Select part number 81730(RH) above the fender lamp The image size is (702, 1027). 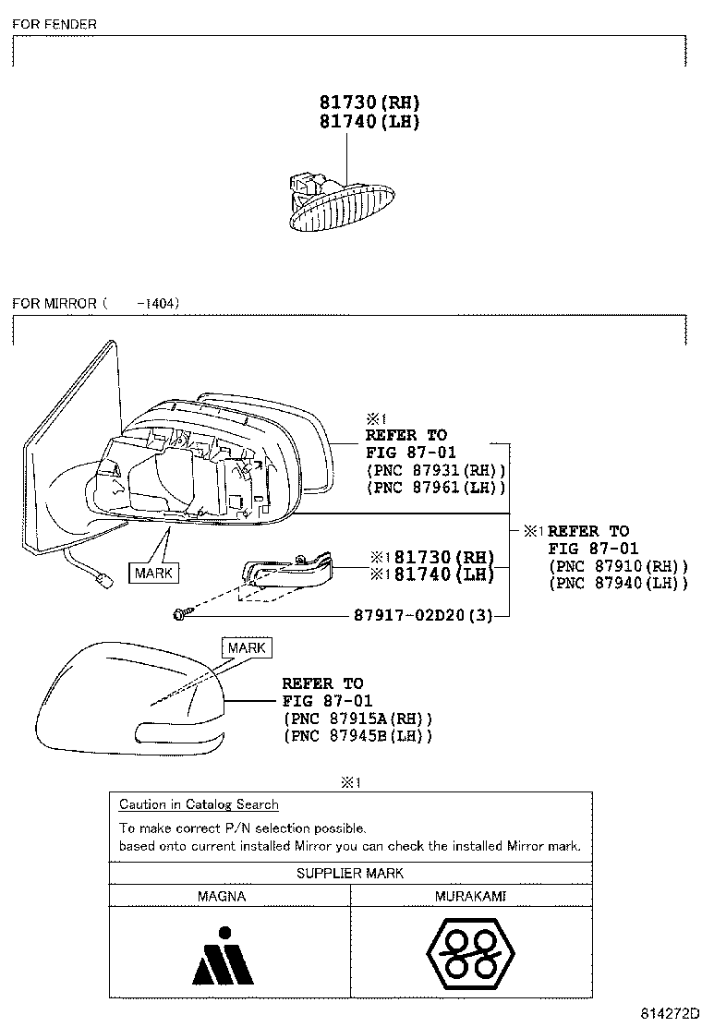click(369, 103)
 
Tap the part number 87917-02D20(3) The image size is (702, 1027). click(423, 615)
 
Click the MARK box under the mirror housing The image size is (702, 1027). click(154, 574)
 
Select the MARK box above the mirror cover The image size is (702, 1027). click(247, 647)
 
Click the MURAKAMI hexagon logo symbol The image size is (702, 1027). click(470, 954)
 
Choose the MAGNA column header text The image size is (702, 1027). click(222, 896)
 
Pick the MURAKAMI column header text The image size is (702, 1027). click(470, 896)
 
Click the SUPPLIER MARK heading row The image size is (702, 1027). click(350, 873)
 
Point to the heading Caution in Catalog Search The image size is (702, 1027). click(200, 804)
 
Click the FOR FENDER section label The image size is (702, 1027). click(54, 24)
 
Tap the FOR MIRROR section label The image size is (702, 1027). click(96, 303)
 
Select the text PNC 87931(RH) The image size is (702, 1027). click(436, 470)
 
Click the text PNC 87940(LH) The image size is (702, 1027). click(618, 582)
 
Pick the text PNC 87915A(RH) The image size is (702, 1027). click(357, 719)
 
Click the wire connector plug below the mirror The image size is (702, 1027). click(103, 579)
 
